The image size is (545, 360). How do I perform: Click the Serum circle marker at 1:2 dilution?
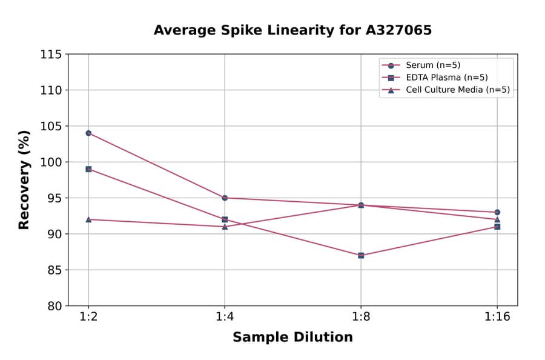88,133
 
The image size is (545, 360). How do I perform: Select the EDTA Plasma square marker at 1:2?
88,169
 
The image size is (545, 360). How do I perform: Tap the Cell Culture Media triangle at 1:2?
88,219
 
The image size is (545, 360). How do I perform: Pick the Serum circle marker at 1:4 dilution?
225,198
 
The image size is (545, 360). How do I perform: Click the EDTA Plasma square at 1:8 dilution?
361,255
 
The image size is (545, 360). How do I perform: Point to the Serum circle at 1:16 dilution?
497,212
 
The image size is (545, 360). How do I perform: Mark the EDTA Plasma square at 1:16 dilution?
497,227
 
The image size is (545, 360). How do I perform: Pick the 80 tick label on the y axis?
54,306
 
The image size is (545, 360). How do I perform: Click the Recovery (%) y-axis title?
24,179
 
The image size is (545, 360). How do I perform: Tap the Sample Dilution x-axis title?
292,338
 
